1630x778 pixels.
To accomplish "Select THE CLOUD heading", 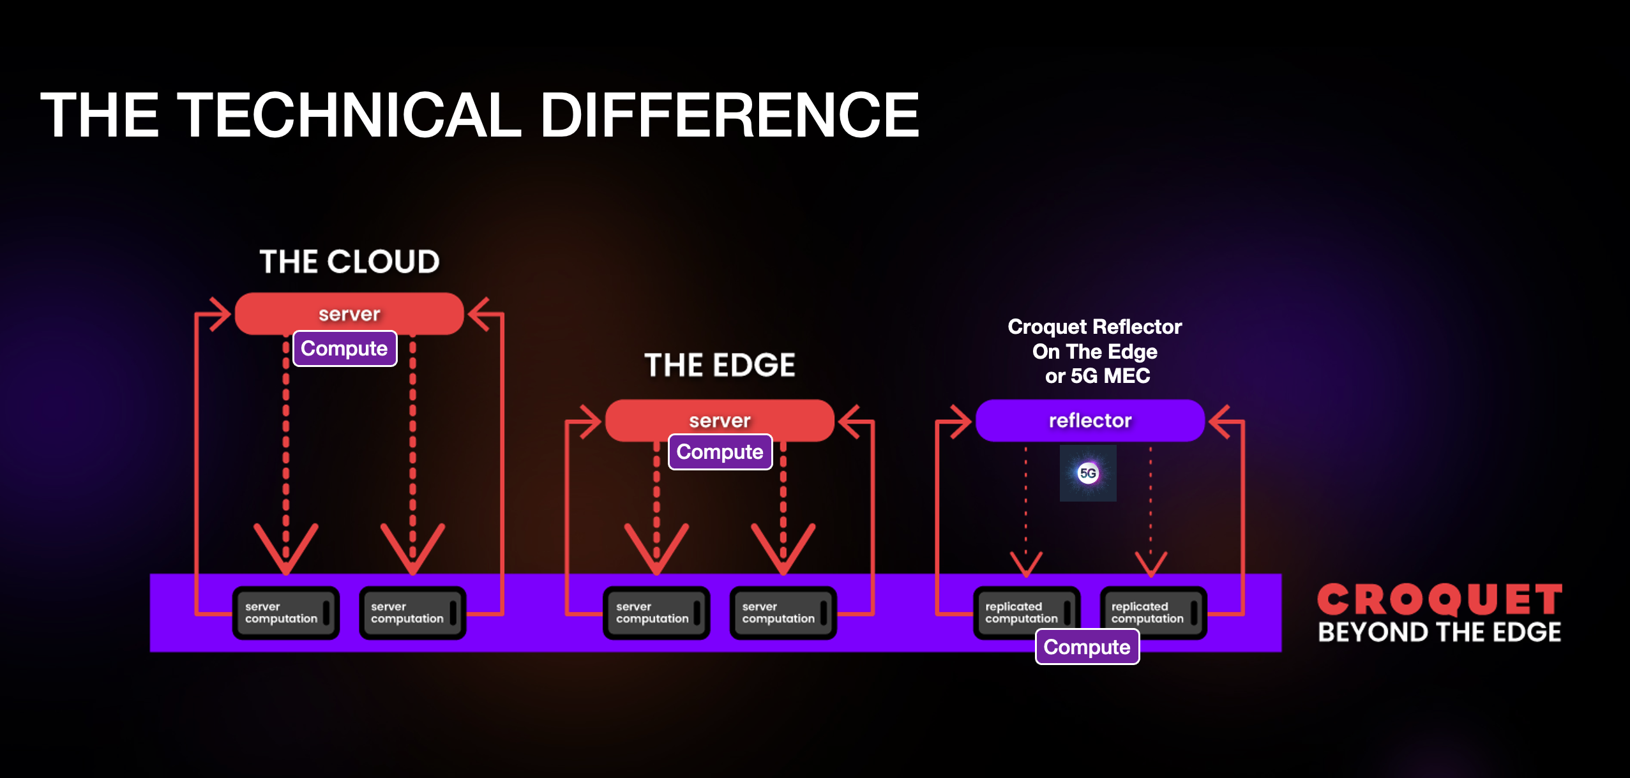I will click(349, 262).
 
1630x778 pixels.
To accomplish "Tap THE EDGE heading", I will click(720, 365).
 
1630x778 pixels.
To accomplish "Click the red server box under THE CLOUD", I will click(349, 313).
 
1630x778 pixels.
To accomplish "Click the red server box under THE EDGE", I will click(720, 420).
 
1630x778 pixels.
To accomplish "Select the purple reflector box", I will click(1090, 420).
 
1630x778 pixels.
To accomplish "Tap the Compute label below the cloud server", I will click(345, 348).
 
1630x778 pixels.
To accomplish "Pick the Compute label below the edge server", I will click(720, 452).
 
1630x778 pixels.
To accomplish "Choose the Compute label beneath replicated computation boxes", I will click(1087, 647).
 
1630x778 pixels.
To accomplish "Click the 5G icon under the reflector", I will click(1088, 473).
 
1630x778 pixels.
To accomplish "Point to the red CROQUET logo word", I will click(1439, 600).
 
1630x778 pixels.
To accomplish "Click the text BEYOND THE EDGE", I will click(1439, 632).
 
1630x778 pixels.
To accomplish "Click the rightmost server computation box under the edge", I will click(783, 613).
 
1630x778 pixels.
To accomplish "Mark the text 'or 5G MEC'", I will click(1097, 376).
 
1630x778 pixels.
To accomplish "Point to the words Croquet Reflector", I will click(1094, 327).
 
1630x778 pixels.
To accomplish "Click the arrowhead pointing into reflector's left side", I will click(961, 421).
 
